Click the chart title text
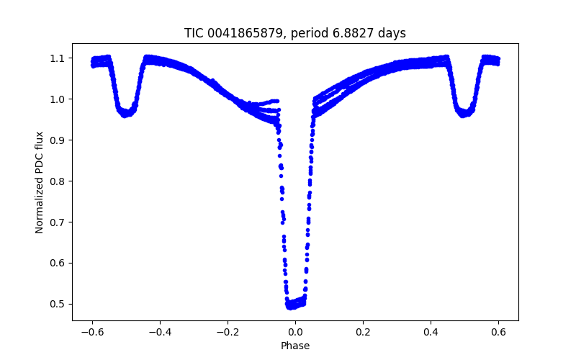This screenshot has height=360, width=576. (294, 33)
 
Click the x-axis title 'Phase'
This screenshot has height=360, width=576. (295, 346)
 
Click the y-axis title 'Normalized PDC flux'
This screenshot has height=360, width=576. (40, 182)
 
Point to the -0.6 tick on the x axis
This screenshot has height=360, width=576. (92, 332)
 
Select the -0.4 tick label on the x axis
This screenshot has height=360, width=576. (160, 332)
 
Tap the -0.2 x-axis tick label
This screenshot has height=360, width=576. (228, 332)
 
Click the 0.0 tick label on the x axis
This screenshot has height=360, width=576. (295, 332)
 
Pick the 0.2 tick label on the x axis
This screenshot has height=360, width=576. (363, 332)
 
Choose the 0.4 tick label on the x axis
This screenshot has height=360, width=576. (431, 332)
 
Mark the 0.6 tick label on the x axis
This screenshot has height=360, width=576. (498, 332)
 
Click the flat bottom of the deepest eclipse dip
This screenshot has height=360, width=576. (295, 304)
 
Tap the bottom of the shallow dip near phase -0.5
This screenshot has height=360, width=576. (126, 113)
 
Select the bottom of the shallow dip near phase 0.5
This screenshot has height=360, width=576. (464, 113)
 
